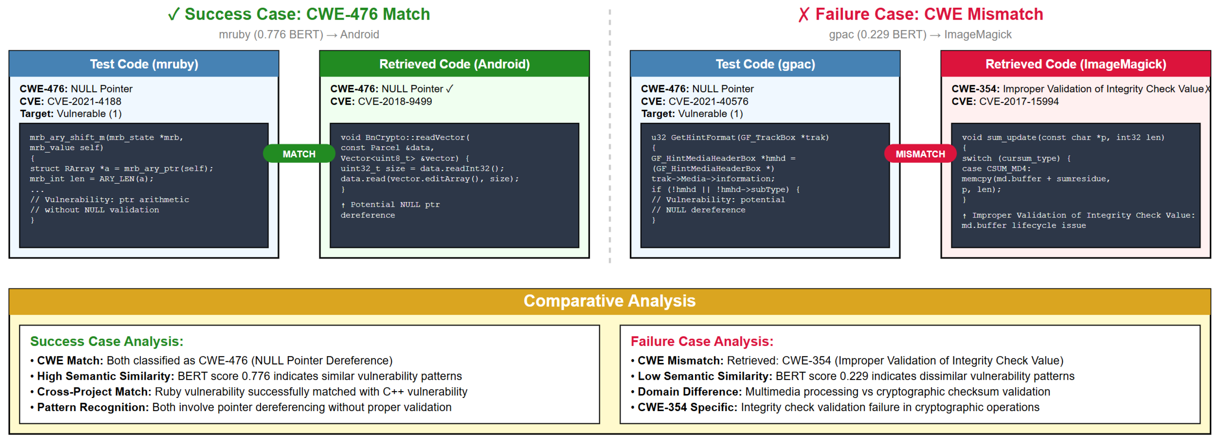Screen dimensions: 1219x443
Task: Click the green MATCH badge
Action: (x=299, y=154)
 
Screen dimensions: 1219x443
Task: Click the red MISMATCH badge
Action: (x=920, y=154)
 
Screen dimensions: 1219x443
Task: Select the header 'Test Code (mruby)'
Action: (x=144, y=64)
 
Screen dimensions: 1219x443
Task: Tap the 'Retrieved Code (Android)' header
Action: (x=454, y=64)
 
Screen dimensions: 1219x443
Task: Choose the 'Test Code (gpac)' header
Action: (x=765, y=64)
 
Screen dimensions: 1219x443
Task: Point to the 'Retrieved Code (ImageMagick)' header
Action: (x=1076, y=64)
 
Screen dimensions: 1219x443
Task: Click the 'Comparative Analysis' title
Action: (x=609, y=301)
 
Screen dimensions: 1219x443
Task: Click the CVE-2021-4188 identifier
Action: (x=84, y=101)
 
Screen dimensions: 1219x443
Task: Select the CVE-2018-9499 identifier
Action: (x=395, y=101)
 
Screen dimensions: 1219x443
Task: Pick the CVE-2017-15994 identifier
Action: (x=1019, y=101)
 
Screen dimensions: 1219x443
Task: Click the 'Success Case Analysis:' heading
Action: (x=106, y=341)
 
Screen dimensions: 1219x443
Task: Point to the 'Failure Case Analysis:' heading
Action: (x=702, y=341)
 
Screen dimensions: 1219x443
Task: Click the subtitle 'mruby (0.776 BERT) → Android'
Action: (x=299, y=35)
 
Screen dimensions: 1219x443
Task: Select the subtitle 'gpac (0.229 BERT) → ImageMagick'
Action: (x=920, y=35)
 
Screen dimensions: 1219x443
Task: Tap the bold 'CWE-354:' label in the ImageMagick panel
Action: (x=975, y=89)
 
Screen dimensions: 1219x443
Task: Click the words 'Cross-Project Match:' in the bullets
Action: (x=94, y=391)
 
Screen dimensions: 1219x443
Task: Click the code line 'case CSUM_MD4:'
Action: (x=996, y=168)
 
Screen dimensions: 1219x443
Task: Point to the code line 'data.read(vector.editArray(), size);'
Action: (x=430, y=179)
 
